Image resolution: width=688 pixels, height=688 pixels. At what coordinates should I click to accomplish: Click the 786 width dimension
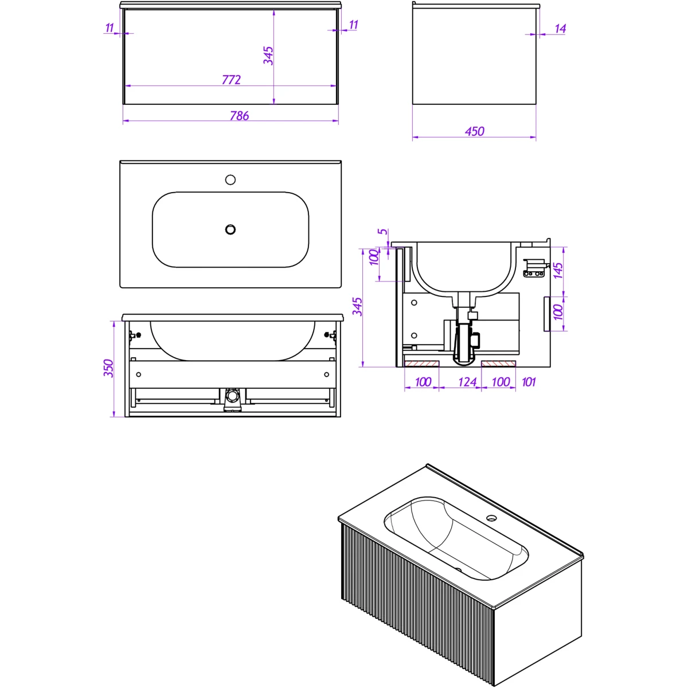click(239, 116)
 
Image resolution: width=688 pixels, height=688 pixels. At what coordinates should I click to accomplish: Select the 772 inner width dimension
click(231, 80)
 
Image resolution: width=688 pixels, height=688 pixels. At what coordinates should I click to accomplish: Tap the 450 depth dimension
click(475, 131)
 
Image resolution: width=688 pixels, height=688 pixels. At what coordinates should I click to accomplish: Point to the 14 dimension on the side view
click(560, 29)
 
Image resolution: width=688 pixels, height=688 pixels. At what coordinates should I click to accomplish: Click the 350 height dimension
click(108, 368)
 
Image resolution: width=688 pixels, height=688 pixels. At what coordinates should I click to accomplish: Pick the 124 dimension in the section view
click(467, 382)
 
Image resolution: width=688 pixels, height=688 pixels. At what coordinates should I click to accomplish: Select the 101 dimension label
click(529, 382)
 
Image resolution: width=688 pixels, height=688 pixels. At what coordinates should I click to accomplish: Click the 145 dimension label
click(558, 271)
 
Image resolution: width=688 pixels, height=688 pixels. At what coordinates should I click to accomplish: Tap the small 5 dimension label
click(383, 231)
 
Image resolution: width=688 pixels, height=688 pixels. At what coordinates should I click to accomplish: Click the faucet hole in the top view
click(230, 179)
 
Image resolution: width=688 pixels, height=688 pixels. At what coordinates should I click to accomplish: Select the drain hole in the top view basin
click(230, 229)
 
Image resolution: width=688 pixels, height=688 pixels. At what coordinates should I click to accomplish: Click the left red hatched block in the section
click(421, 364)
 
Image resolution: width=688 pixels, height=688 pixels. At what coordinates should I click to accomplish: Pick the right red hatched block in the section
click(498, 364)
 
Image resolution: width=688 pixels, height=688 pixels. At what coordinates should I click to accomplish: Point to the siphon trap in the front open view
click(232, 400)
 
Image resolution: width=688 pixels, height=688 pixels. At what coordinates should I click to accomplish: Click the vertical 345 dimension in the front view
click(268, 56)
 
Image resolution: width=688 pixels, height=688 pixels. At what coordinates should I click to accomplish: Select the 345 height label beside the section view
click(357, 307)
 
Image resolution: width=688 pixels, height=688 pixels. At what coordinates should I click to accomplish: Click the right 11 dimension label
click(353, 25)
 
